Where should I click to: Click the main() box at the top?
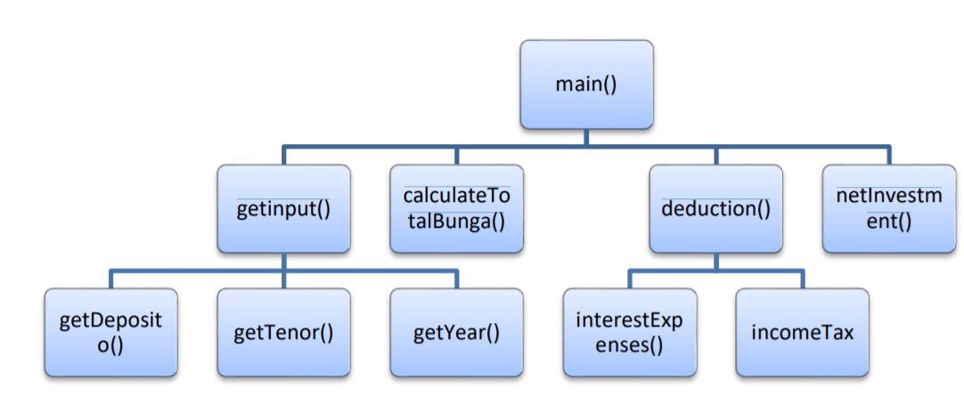click(x=586, y=85)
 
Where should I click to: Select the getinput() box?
click(x=283, y=209)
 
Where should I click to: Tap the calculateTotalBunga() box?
click(x=456, y=209)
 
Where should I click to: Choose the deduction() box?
click(x=715, y=209)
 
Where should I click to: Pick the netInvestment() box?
click(x=888, y=209)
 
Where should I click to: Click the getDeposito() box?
click(x=110, y=333)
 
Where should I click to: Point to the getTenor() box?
click(x=283, y=333)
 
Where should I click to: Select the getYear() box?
click(x=456, y=333)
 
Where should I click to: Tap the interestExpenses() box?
click(x=629, y=333)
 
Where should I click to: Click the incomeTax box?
click(x=802, y=333)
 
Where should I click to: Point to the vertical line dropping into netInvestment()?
click(x=888, y=155)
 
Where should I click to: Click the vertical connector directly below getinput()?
click(x=283, y=262)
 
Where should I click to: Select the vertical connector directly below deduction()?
click(x=715, y=262)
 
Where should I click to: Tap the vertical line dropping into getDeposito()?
click(x=110, y=279)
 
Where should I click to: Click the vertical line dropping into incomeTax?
click(x=802, y=279)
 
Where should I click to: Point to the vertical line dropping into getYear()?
click(x=456, y=279)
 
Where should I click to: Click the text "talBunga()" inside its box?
click(x=456, y=222)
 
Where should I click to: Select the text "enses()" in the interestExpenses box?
click(x=629, y=344)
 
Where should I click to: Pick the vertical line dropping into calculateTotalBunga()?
click(x=456, y=155)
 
